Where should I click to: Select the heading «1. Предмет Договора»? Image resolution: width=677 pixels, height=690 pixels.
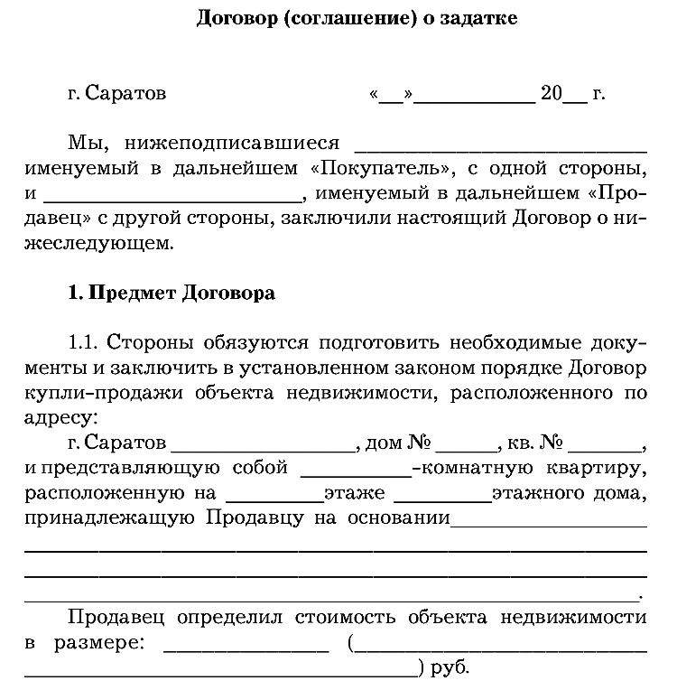(172, 294)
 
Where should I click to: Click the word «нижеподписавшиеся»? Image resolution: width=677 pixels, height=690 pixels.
(232, 144)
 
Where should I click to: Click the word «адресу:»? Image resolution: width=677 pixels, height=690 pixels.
(64, 420)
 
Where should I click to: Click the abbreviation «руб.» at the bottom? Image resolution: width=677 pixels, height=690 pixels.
(451, 671)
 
